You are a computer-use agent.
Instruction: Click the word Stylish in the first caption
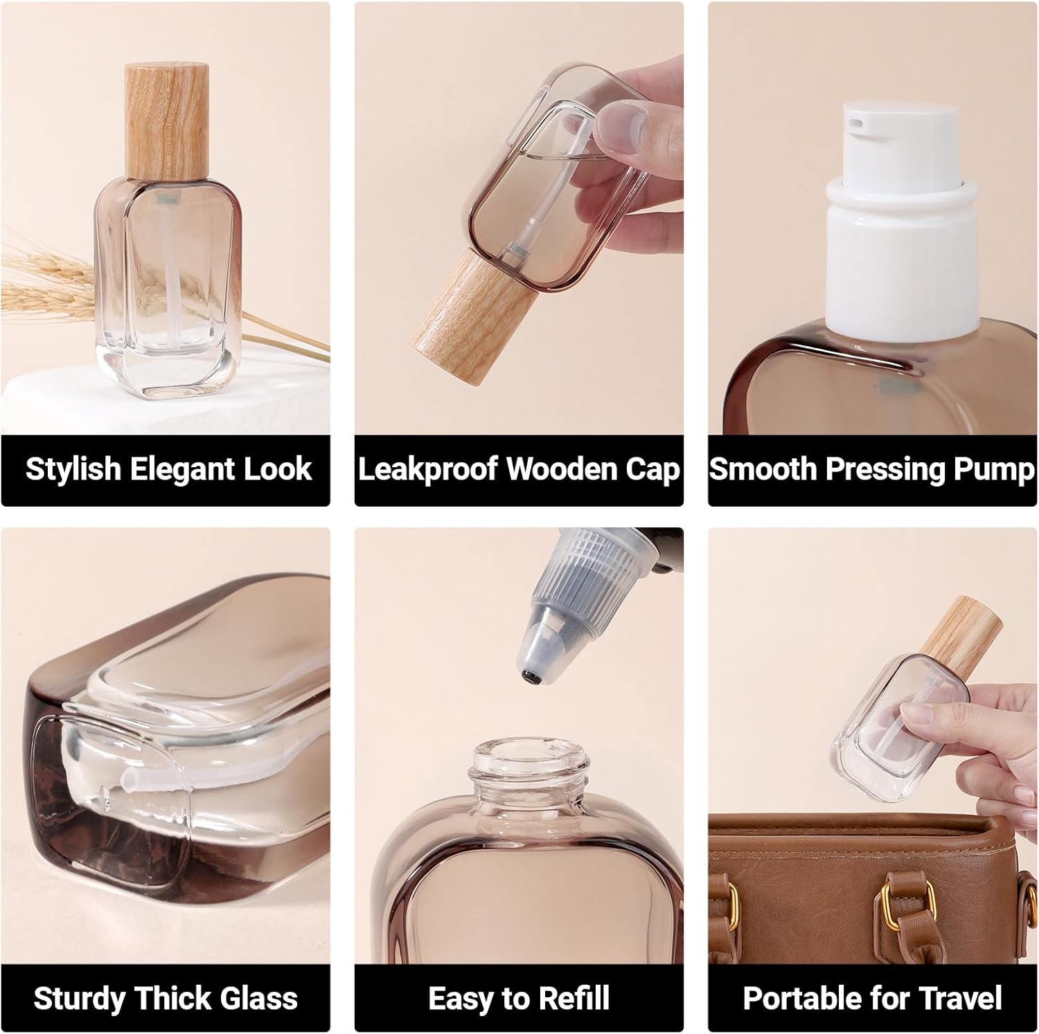pos(73,469)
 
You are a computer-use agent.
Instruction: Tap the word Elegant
pos(173,469)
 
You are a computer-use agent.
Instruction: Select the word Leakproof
pos(427,469)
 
